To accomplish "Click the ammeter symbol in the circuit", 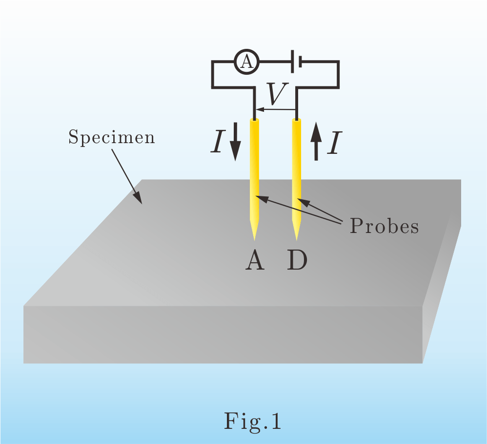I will pos(247,62).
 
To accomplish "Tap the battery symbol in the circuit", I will pos(296,62).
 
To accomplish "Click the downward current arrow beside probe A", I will pos(235,142).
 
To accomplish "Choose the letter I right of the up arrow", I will pos(333,144).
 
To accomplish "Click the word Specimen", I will pos(111,137).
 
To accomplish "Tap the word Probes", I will pos(384,226).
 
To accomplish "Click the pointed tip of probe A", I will pos(254,237).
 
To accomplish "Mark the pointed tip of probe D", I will pos(296,237).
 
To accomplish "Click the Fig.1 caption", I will pos(253,421).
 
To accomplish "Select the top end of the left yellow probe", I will pos(254,121).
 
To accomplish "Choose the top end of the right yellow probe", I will pos(296,121).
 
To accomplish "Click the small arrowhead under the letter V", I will pos(258,109).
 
